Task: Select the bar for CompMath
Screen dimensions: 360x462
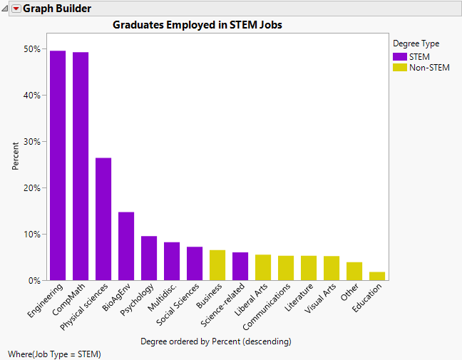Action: pos(81,166)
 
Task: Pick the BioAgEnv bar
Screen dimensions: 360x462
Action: pos(126,246)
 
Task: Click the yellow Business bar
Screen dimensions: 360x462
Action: pos(217,265)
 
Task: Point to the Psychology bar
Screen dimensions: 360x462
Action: pos(149,258)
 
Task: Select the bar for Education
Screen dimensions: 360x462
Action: pos(377,276)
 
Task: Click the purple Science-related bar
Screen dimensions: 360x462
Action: pos(240,266)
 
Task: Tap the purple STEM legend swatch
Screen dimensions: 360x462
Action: pos(400,56)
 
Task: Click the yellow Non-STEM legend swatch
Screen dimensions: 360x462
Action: pos(400,67)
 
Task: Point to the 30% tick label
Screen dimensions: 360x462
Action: pos(31,142)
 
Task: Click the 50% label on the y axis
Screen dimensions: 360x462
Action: pos(31,49)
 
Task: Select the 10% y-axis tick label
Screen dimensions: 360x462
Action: pos(31,235)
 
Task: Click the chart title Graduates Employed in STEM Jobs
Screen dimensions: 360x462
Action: pos(197,25)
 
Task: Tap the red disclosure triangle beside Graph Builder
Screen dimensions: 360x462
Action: pos(16,9)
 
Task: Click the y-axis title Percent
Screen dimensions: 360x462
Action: pos(16,157)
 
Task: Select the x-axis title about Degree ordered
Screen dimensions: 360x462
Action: pos(216,341)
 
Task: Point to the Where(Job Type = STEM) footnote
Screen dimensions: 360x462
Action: pos(55,354)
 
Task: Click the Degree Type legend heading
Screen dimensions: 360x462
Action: pos(416,43)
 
